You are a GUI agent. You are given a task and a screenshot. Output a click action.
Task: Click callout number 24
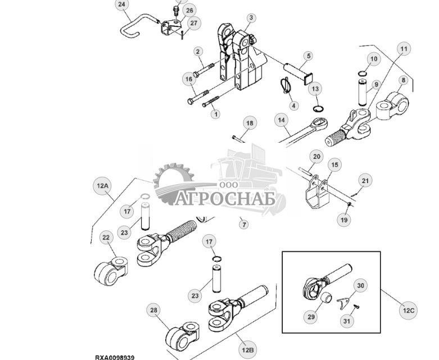click(x=122, y=5)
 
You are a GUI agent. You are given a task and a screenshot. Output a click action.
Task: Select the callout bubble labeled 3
click(x=251, y=18)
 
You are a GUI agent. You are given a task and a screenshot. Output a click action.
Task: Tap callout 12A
click(x=103, y=186)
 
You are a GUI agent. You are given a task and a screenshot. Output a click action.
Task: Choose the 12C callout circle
click(x=408, y=310)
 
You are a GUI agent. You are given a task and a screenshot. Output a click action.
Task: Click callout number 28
click(x=153, y=310)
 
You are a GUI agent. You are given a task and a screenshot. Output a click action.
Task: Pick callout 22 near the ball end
click(x=106, y=238)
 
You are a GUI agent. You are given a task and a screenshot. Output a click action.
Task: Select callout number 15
click(x=334, y=165)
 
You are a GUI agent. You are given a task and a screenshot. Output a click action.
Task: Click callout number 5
click(x=309, y=56)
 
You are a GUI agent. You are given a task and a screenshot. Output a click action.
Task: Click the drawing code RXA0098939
click(x=114, y=357)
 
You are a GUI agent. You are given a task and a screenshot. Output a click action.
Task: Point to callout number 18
click(x=249, y=123)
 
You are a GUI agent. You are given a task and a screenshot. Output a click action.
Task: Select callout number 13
click(x=315, y=89)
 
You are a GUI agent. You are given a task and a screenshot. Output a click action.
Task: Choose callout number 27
click(x=193, y=23)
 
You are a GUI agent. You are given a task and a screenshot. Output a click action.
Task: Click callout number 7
click(x=243, y=225)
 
